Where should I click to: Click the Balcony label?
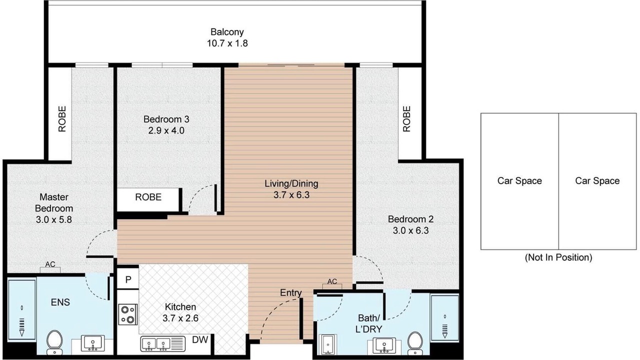(227, 32)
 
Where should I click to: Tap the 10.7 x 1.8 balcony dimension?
(227, 43)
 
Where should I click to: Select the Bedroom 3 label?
(166, 119)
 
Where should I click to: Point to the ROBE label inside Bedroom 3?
(148, 197)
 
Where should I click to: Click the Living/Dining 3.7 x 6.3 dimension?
(291, 195)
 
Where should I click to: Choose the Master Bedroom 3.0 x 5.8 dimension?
(53, 219)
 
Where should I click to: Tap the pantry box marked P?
(128, 278)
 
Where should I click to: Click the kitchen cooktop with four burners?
(128, 314)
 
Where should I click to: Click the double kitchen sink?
(163, 344)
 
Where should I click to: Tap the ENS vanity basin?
(93, 343)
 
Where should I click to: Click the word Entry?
(291, 293)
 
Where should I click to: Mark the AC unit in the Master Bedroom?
(50, 267)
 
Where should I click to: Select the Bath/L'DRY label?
(369, 323)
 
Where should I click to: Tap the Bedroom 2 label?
(410, 219)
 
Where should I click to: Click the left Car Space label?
(519, 181)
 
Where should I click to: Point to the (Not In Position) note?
(558, 257)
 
